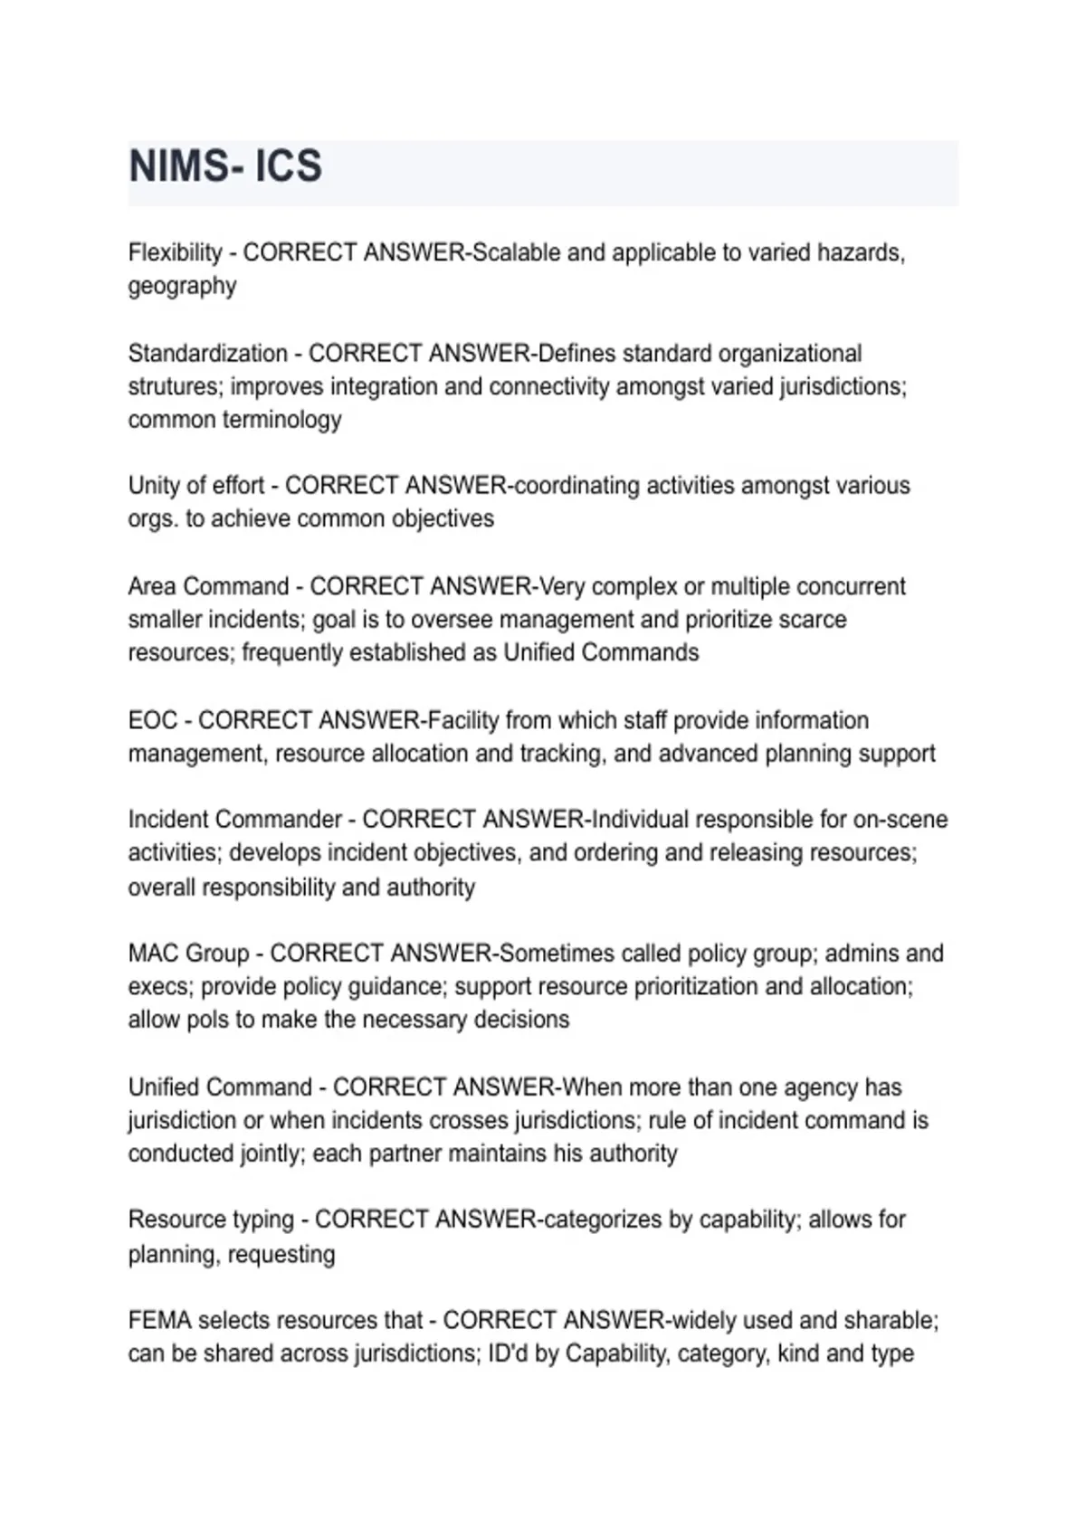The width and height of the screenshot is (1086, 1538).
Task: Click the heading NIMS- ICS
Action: (x=225, y=166)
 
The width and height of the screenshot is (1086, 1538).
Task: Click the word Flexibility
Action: (x=175, y=252)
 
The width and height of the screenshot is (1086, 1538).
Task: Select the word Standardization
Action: (x=207, y=353)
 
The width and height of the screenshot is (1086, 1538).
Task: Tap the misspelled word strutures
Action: (x=175, y=387)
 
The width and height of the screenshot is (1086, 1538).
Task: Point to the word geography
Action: (x=182, y=287)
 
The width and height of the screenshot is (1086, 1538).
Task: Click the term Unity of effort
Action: (x=195, y=486)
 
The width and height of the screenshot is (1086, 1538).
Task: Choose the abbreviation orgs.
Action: (x=152, y=520)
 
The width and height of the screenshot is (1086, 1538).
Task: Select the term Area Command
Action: (x=208, y=586)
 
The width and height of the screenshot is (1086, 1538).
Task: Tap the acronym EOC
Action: (x=153, y=720)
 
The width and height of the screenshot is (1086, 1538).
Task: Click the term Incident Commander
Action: (x=234, y=820)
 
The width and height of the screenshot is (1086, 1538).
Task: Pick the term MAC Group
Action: (x=188, y=954)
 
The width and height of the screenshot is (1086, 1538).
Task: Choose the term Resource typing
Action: (x=211, y=1220)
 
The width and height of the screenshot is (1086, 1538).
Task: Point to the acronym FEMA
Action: (x=159, y=1321)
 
